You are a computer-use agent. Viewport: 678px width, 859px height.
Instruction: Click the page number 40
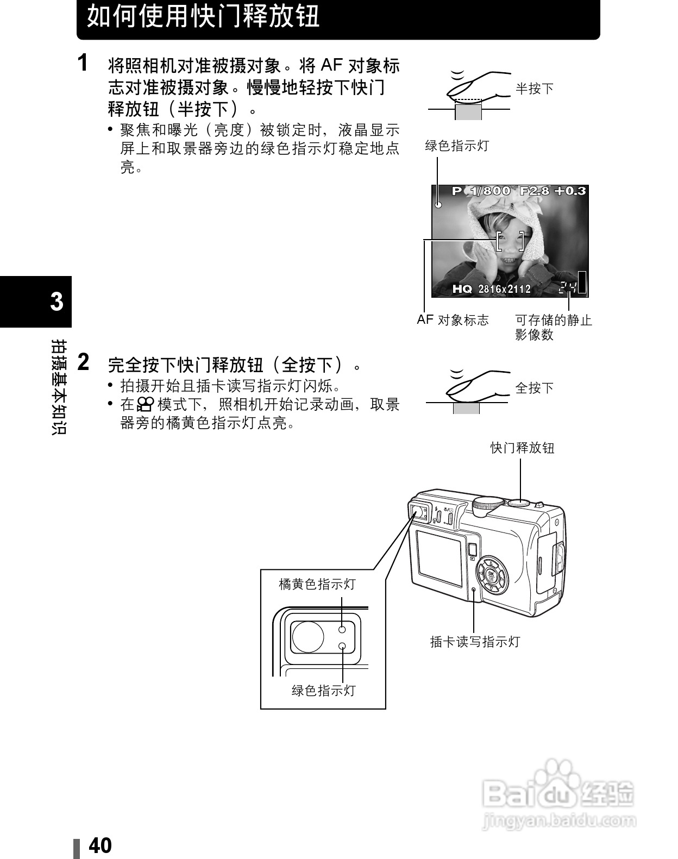click(100, 845)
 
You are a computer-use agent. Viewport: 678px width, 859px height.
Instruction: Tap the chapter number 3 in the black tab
click(56, 302)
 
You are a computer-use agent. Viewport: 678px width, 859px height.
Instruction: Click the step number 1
click(83, 62)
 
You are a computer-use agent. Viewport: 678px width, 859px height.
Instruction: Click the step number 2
click(83, 362)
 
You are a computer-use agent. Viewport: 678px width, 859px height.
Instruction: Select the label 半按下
click(535, 89)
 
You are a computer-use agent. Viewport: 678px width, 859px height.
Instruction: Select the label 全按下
click(535, 387)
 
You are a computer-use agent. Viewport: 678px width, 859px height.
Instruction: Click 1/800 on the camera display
click(490, 191)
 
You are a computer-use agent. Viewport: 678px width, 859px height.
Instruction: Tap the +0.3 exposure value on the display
click(570, 191)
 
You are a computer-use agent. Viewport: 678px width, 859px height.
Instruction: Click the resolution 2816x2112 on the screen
click(504, 289)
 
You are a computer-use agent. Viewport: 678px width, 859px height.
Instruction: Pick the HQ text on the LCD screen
click(462, 289)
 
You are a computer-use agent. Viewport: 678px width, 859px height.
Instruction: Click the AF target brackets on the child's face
click(510, 241)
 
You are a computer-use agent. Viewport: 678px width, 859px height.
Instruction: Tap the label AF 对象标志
click(453, 319)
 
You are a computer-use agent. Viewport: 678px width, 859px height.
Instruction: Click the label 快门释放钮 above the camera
click(523, 448)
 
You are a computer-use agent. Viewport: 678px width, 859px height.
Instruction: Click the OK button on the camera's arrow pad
click(491, 575)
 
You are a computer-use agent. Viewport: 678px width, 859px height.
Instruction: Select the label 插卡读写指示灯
click(475, 642)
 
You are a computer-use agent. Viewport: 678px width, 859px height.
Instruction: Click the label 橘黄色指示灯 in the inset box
click(317, 585)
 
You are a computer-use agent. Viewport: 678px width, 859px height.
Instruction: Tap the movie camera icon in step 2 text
click(145, 405)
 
